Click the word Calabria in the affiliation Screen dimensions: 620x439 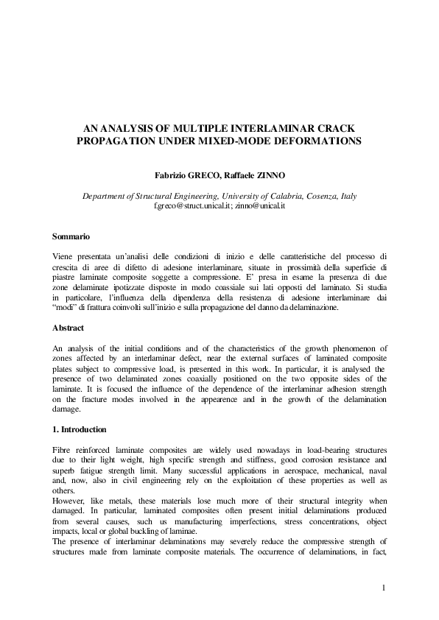pyautogui.click(x=284, y=197)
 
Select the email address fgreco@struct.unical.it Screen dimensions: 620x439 pyautogui.click(x=192, y=206)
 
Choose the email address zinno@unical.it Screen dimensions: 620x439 pyautogui.click(x=260, y=206)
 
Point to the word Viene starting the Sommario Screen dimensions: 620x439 pyautogui.click(x=65, y=255)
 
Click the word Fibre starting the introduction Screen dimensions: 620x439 pyautogui.click(x=63, y=448)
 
